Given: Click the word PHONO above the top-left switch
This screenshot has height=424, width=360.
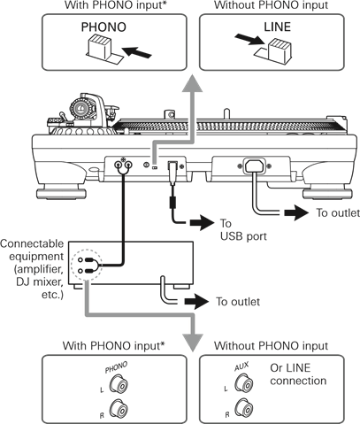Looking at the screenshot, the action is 103,27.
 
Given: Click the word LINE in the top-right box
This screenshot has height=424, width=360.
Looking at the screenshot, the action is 277,27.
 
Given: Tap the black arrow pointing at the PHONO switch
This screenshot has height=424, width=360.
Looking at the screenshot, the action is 136,52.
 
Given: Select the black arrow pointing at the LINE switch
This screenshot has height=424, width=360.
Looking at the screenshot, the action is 249,40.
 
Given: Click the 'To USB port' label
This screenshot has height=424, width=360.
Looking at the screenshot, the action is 243,229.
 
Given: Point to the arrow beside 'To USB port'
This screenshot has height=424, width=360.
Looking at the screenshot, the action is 203,222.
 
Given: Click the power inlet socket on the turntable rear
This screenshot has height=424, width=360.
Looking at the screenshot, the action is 254,166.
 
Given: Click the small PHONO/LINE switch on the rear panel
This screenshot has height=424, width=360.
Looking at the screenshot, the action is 154,167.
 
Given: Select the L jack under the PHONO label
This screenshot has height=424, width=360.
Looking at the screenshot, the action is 119,384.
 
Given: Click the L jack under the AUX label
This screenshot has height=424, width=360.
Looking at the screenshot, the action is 244,384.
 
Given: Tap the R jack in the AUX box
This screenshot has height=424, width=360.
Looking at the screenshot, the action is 244,408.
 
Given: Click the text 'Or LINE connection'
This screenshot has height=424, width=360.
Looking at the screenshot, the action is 298,374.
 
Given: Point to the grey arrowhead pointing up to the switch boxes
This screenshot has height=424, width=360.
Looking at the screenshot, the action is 192,84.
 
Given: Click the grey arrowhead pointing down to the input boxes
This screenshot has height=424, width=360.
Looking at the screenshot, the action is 193,343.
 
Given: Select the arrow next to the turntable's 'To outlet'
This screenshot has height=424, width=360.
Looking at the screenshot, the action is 296,213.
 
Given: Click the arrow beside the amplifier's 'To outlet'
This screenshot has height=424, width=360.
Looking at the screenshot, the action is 196,302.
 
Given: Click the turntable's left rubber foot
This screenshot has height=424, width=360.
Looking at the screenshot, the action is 61,192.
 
